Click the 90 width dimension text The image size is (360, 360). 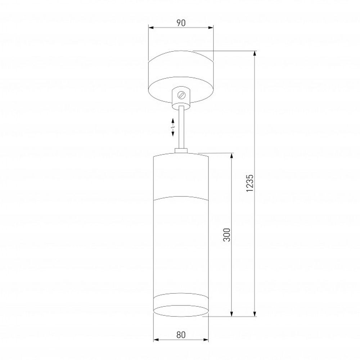point(181,23)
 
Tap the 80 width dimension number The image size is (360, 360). point(181,334)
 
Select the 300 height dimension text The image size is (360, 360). point(226,235)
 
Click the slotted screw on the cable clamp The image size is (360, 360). point(181,95)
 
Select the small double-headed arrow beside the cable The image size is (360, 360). point(173,127)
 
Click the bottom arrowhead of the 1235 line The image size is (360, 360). point(255,314)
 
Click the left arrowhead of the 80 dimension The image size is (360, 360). point(156,339)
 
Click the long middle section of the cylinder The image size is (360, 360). point(181,248)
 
